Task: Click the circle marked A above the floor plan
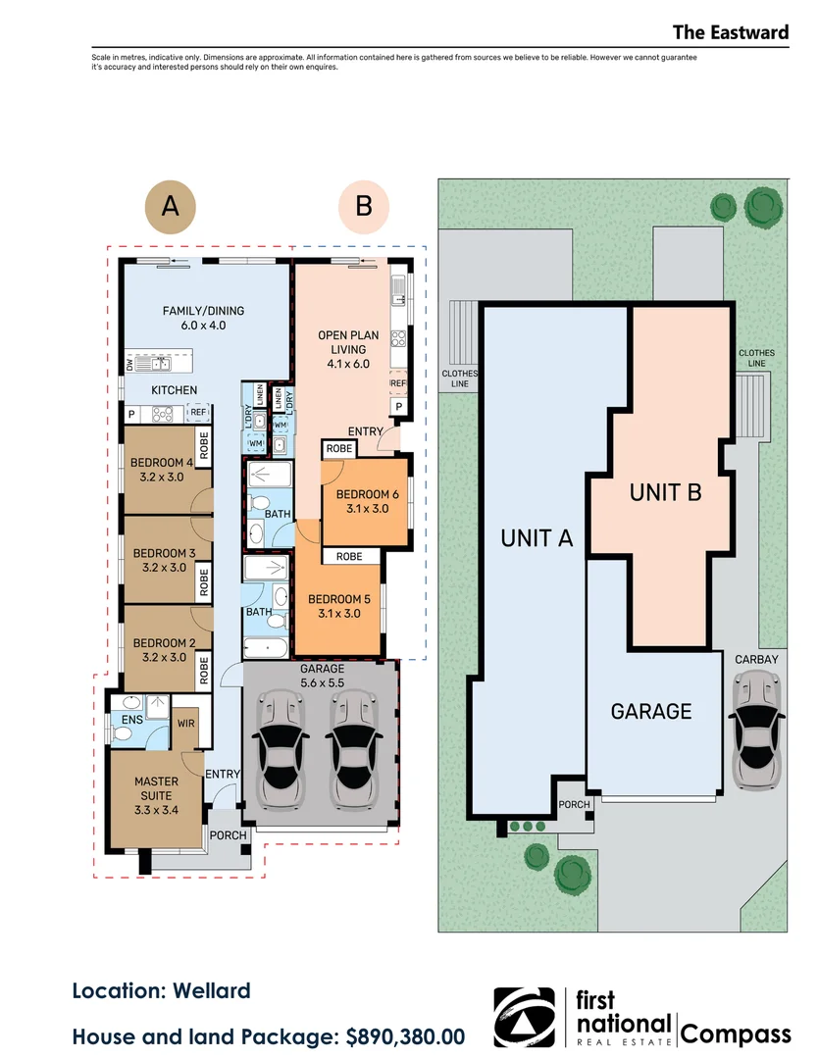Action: click(171, 207)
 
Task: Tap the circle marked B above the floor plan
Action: click(364, 207)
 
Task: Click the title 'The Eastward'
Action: click(731, 32)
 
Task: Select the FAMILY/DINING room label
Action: click(203, 318)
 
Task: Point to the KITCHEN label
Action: click(175, 390)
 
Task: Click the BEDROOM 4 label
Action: click(162, 470)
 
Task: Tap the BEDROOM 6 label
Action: click(368, 502)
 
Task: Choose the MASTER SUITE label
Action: click(156, 795)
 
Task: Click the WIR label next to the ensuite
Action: click(185, 724)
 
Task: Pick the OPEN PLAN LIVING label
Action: click(348, 349)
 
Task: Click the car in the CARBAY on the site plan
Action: click(756, 731)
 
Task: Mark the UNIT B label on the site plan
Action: click(665, 492)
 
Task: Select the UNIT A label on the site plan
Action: click(537, 538)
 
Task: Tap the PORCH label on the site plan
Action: click(574, 804)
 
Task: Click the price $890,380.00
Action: click(405, 1036)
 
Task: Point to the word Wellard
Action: click(212, 990)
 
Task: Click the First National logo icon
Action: click(524, 1017)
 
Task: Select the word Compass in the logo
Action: click(736, 1034)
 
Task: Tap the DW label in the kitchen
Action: click(129, 364)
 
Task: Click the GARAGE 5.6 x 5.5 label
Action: click(323, 676)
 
